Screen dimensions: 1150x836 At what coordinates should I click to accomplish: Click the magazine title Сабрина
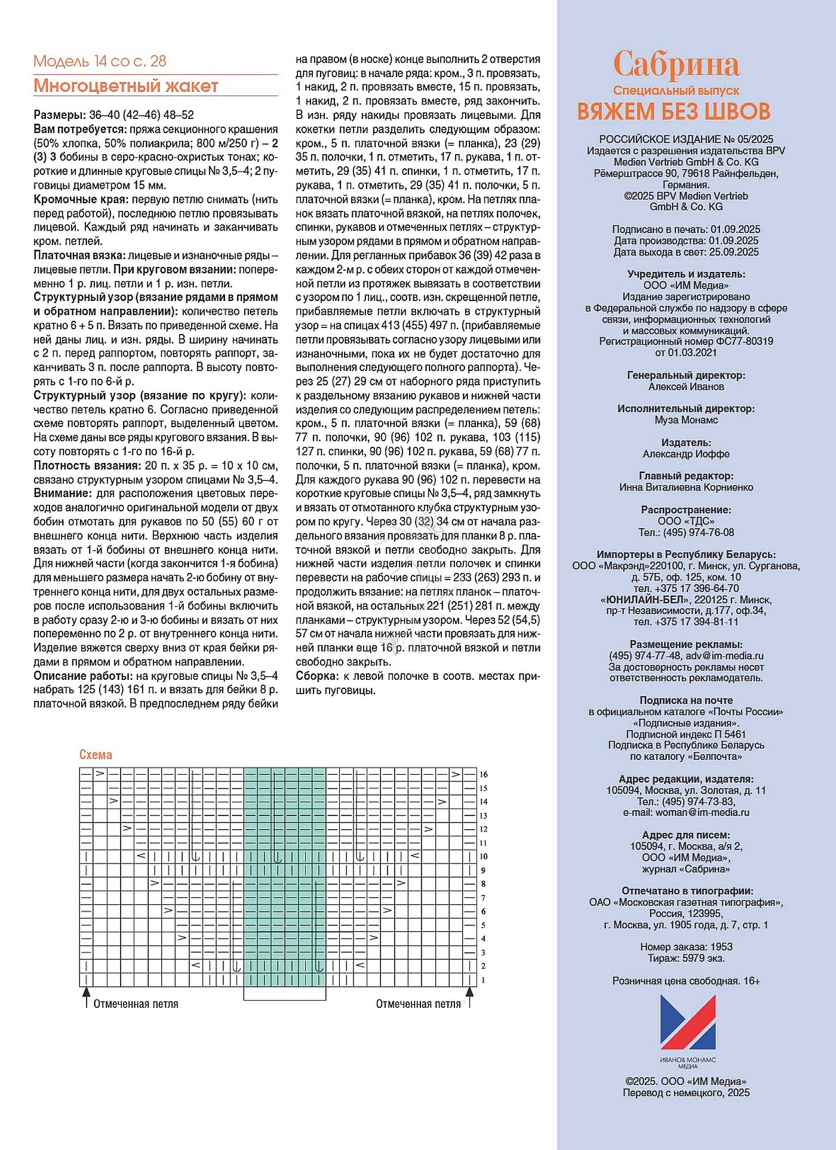pos(676,64)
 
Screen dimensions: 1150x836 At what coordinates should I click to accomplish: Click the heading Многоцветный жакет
pos(125,86)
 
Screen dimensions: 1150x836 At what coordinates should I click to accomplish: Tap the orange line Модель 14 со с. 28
pos(100,61)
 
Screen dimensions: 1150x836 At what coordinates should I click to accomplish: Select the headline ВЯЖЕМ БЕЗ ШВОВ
pos(674,112)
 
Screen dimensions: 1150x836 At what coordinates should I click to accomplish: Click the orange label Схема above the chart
pos(96,755)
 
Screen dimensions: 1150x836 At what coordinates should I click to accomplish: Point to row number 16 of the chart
pos(484,774)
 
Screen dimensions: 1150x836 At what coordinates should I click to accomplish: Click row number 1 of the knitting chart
pos(483,980)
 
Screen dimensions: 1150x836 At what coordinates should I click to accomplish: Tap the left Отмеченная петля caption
pos(136,1004)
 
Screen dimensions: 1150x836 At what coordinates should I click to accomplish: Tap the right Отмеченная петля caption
pos(418,1004)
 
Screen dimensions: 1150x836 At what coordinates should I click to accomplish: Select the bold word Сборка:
pos(317,676)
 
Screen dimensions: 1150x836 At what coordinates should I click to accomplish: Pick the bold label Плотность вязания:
pos(87,465)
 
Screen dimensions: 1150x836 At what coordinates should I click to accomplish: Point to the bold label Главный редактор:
pos(686,476)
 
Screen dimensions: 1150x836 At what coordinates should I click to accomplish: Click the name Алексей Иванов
pos(686,387)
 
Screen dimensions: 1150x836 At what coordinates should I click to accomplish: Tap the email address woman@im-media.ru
pos(702,812)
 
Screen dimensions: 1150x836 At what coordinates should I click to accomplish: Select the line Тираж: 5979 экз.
pos(686,958)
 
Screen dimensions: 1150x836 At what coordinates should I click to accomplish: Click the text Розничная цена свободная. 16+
pos(686,981)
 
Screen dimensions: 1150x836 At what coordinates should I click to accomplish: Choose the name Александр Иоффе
pos(686,454)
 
